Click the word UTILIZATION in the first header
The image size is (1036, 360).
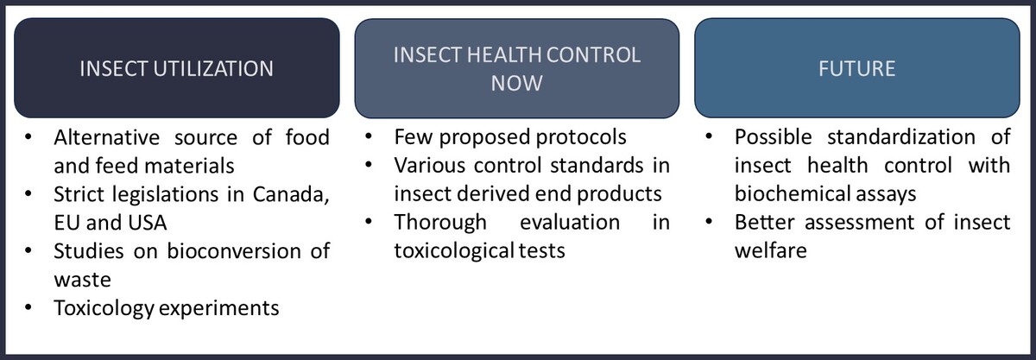click(x=213, y=68)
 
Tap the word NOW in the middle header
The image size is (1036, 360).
click(x=516, y=83)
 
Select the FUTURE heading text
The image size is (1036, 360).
click(x=857, y=68)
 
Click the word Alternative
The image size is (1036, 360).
click(x=107, y=137)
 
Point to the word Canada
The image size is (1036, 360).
click(x=291, y=194)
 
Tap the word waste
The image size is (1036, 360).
click(x=82, y=280)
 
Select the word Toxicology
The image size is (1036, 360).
click(x=104, y=308)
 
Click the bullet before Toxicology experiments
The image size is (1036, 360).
click(x=28, y=307)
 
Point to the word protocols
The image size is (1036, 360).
click(x=581, y=137)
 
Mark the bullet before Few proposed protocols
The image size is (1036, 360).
click(x=369, y=136)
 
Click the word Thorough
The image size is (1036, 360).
click(x=440, y=223)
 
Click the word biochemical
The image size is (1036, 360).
click(x=788, y=194)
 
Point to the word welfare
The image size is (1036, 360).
click(x=770, y=251)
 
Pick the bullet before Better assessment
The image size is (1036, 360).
click(x=709, y=222)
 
